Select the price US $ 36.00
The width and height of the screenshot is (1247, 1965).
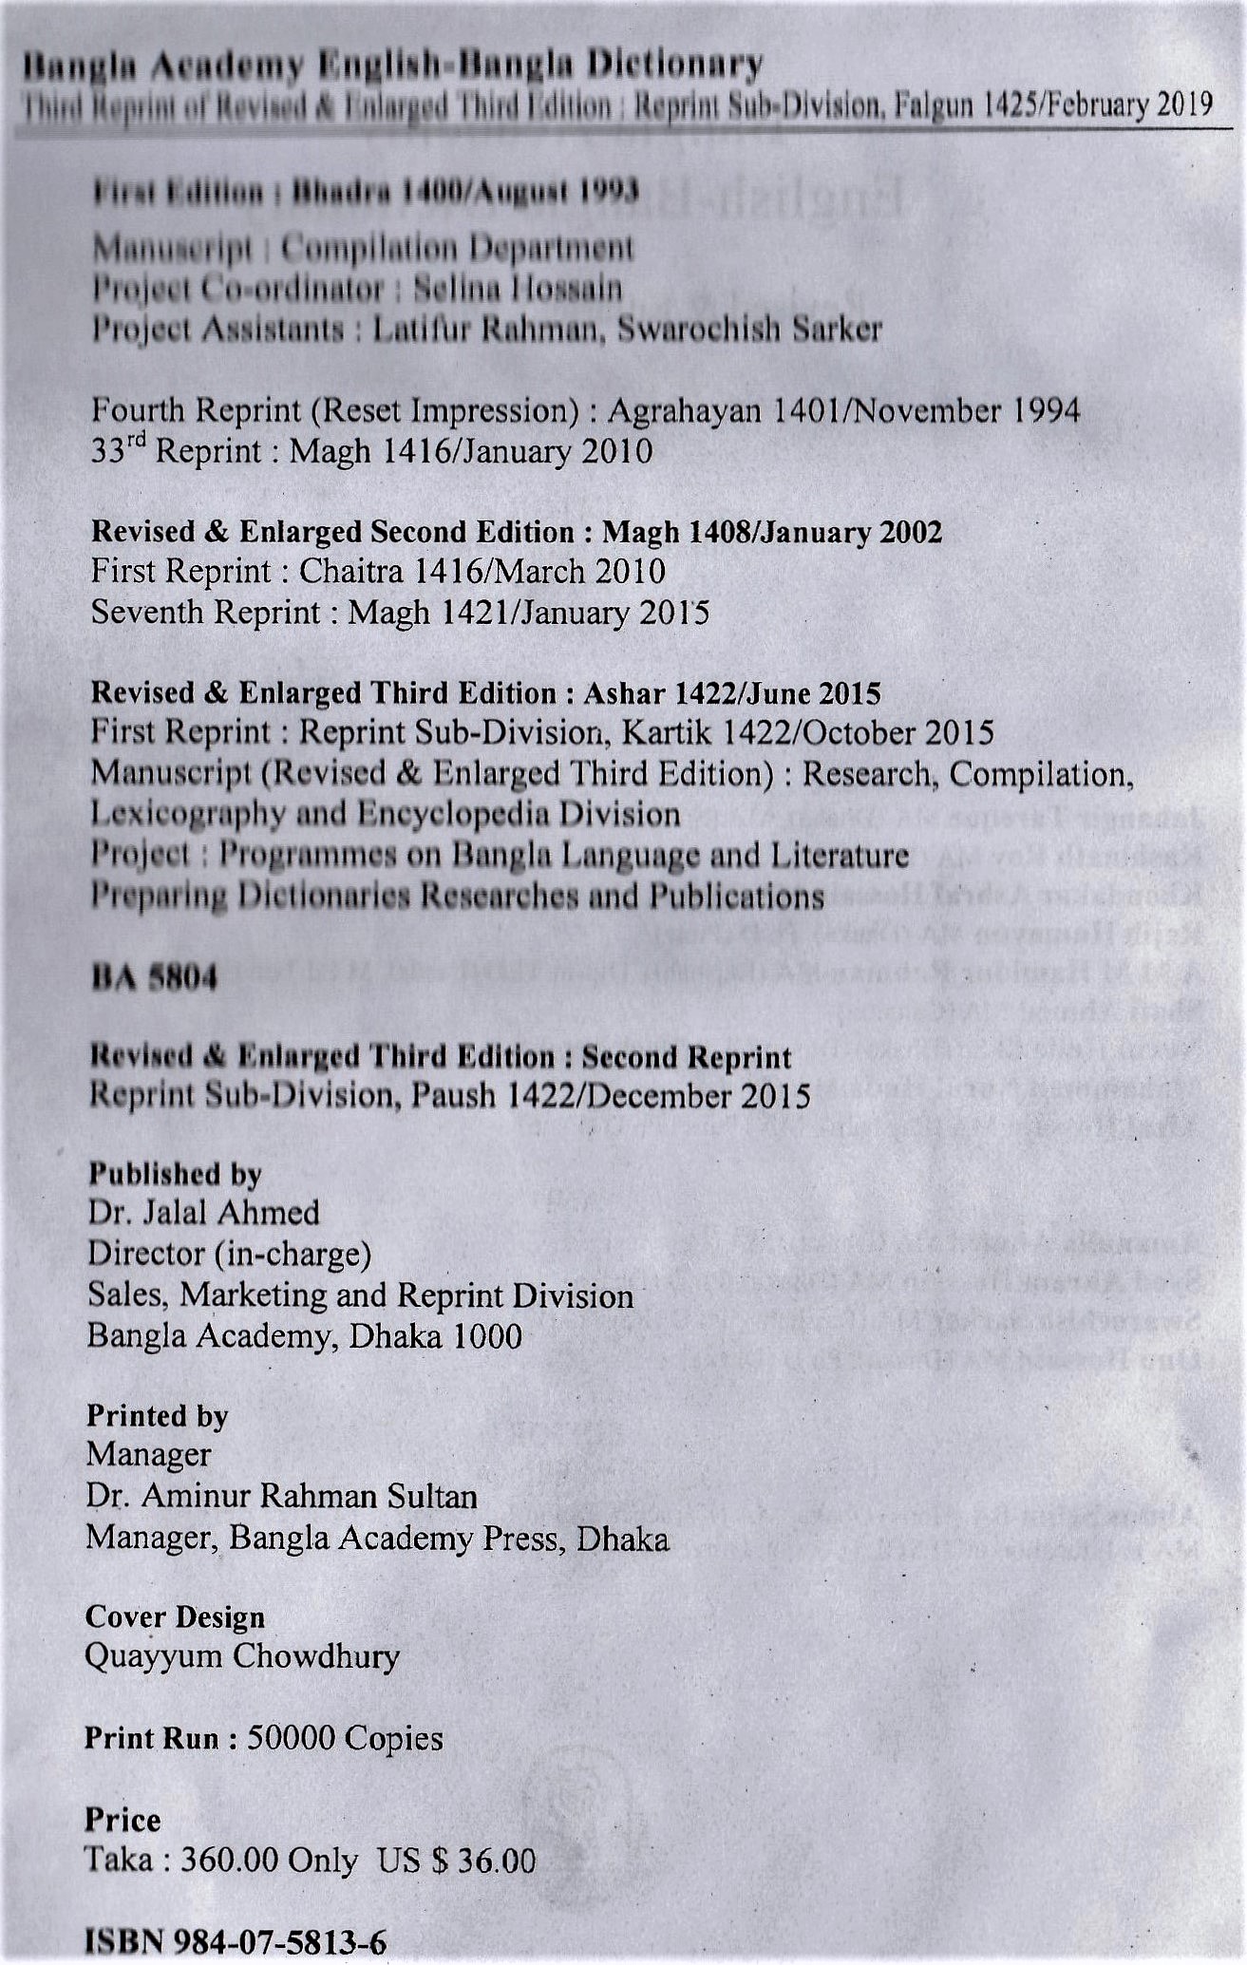tap(457, 1859)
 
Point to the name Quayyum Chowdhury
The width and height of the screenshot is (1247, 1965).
tap(242, 1656)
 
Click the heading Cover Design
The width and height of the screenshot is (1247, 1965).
tap(175, 1616)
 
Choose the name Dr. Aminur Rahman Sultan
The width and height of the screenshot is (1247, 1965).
tap(281, 1497)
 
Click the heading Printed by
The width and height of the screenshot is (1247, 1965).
tap(158, 1416)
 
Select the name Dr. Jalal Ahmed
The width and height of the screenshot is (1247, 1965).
tap(203, 1213)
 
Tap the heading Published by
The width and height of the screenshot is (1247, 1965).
tap(175, 1174)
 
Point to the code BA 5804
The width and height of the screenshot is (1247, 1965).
tap(154, 977)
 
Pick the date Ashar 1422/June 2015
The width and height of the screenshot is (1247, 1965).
tap(731, 693)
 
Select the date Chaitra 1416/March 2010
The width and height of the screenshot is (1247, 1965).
tap(482, 572)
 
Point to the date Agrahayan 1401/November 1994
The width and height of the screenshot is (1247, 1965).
tap(842, 410)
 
